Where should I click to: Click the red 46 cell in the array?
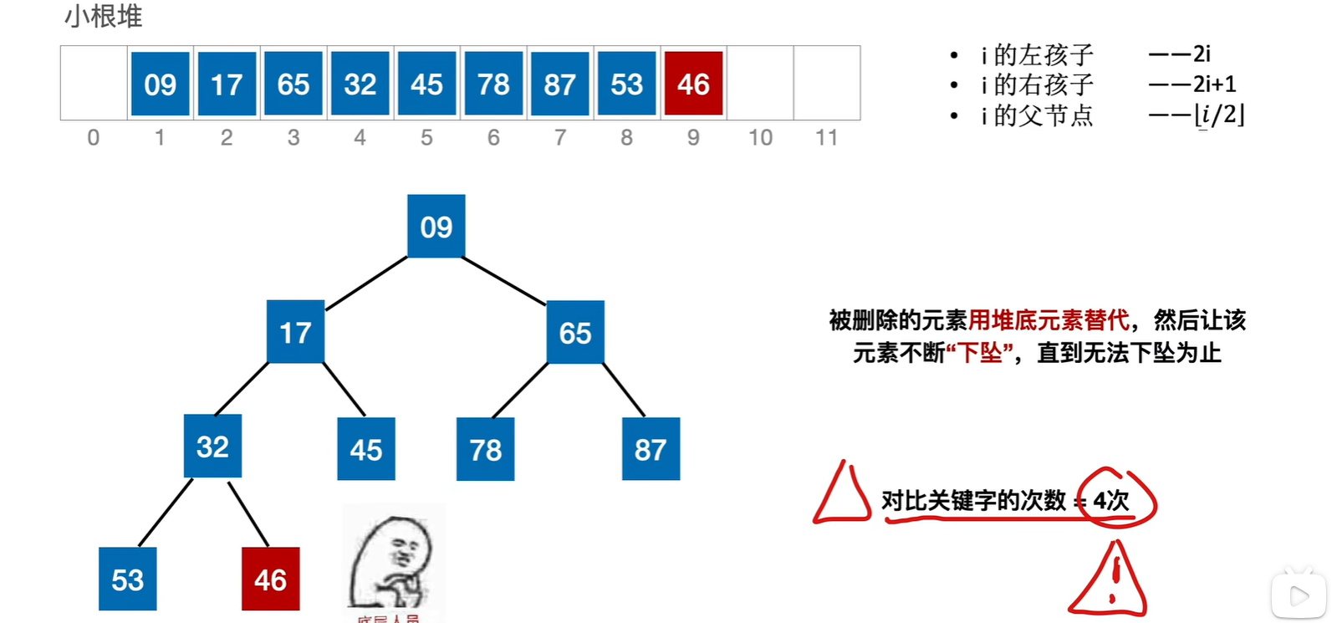click(x=693, y=84)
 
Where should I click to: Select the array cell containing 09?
click(x=160, y=84)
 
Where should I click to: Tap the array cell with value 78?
click(x=493, y=84)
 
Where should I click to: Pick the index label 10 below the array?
click(x=760, y=138)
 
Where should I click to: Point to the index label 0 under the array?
click(x=94, y=138)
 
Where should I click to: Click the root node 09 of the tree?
click(x=436, y=227)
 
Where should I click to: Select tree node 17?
click(x=295, y=332)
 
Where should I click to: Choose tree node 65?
click(x=575, y=332)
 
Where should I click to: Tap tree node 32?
click(x=212, y=447)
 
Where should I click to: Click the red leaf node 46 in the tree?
click(x=270, y=580)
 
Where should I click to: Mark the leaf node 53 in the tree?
click(x=127, y=580)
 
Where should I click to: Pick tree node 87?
click(x=651, y=450)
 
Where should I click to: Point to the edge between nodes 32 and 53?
click(x=166, y=512)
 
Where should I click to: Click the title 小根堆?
click(x=104, y=17)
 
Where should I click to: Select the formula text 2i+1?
click(x=1214, y=84)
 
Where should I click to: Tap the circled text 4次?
click(x=1112, y=500)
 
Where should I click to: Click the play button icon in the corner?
click(x=1299, y=595)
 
